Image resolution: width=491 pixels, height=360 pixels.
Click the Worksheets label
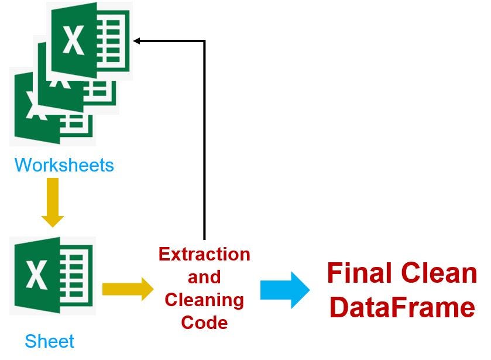pos(64,165)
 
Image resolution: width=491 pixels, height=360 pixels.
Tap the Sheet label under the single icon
pos(50,341)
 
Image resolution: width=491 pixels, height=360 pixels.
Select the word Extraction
pos(204,255)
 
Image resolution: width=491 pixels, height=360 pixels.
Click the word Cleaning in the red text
pos(204,300)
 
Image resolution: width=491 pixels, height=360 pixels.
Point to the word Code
pos(204,322)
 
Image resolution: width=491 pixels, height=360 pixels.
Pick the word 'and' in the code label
pos(204,277)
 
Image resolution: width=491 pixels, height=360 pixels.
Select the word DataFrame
pos(402,308)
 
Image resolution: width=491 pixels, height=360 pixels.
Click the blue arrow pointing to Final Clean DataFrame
pos(285,289)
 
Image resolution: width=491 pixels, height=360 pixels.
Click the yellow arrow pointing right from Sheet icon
pos(127,289)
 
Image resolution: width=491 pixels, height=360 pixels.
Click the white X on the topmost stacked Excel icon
pos(74,40)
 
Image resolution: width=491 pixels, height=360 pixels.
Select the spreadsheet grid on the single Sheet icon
pos(75,275)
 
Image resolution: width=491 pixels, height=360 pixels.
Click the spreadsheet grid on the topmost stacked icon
pos(112,40)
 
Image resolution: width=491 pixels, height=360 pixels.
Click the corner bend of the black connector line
pos(204,40)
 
